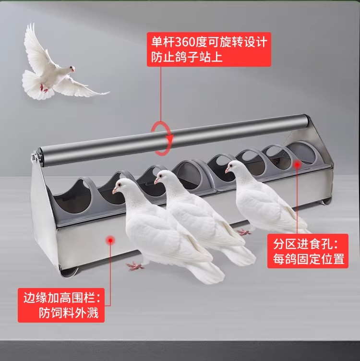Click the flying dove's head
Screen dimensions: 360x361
point(71,69)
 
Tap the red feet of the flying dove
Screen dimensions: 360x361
point(45,88)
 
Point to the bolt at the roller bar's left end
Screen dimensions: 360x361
point(34,158)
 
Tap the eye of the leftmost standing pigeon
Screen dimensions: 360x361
point(120,185)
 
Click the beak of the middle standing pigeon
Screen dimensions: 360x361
point(156,181)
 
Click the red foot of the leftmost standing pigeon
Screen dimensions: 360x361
point(135,266)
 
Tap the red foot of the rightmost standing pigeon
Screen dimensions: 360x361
point(244,232)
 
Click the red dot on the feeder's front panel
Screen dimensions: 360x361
point(110,241)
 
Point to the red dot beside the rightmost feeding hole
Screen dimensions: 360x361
point(297,164)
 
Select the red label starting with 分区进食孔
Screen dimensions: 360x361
point(308,251)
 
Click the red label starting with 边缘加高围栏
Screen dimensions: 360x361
point(61,305)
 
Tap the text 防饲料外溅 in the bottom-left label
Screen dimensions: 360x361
point(69,313)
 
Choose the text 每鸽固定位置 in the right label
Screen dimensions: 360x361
point(309,259)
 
